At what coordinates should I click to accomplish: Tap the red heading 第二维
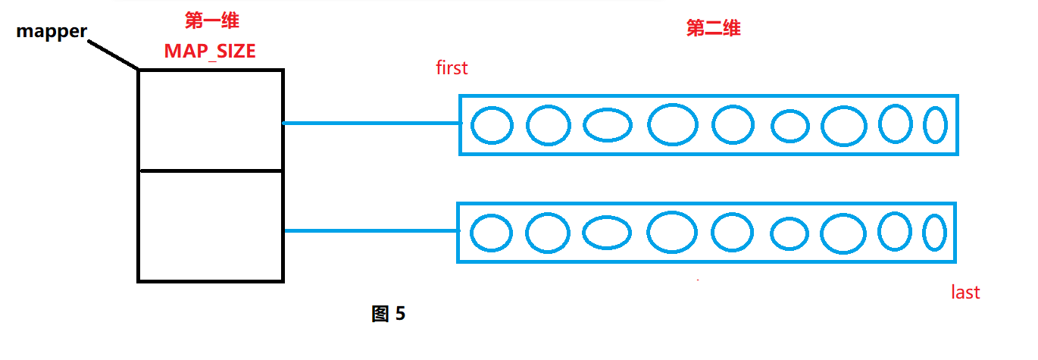pyautogui.click(x=713, y=30)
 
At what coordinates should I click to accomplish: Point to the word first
pyautogui.click(x=452, y=68)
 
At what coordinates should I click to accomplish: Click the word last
pyautogui.click(x=965, y=293)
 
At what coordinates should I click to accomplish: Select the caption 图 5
pyautogui.click(x=389, y=314)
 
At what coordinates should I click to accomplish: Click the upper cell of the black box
pyautogui.click(x=211, y=120)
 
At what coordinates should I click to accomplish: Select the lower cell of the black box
pyautogui.click(x=211, y=226)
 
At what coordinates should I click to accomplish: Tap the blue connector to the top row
pyautogui.click(x=371, y=123)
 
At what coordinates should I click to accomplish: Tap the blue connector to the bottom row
pyautogui.click(x=371, y=230)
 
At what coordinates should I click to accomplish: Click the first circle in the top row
pyautogui.click(x=492, y=125)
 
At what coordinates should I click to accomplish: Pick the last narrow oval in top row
pyautogui.click(x=935, y=125)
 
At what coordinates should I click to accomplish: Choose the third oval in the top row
pyautogui.click(x=608, y=126)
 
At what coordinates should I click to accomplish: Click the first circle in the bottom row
pyautogui.click(x=491, y=233)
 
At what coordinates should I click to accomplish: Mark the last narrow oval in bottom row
pyautogui.click(x=934, y=233)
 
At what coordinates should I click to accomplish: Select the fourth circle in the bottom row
pyautogui.click(x=672, y=233)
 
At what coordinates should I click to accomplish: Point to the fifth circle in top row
pyautogui.click(x=733, y=125)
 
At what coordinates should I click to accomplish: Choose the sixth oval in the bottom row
pyautogui.click(x=789, y=233)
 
